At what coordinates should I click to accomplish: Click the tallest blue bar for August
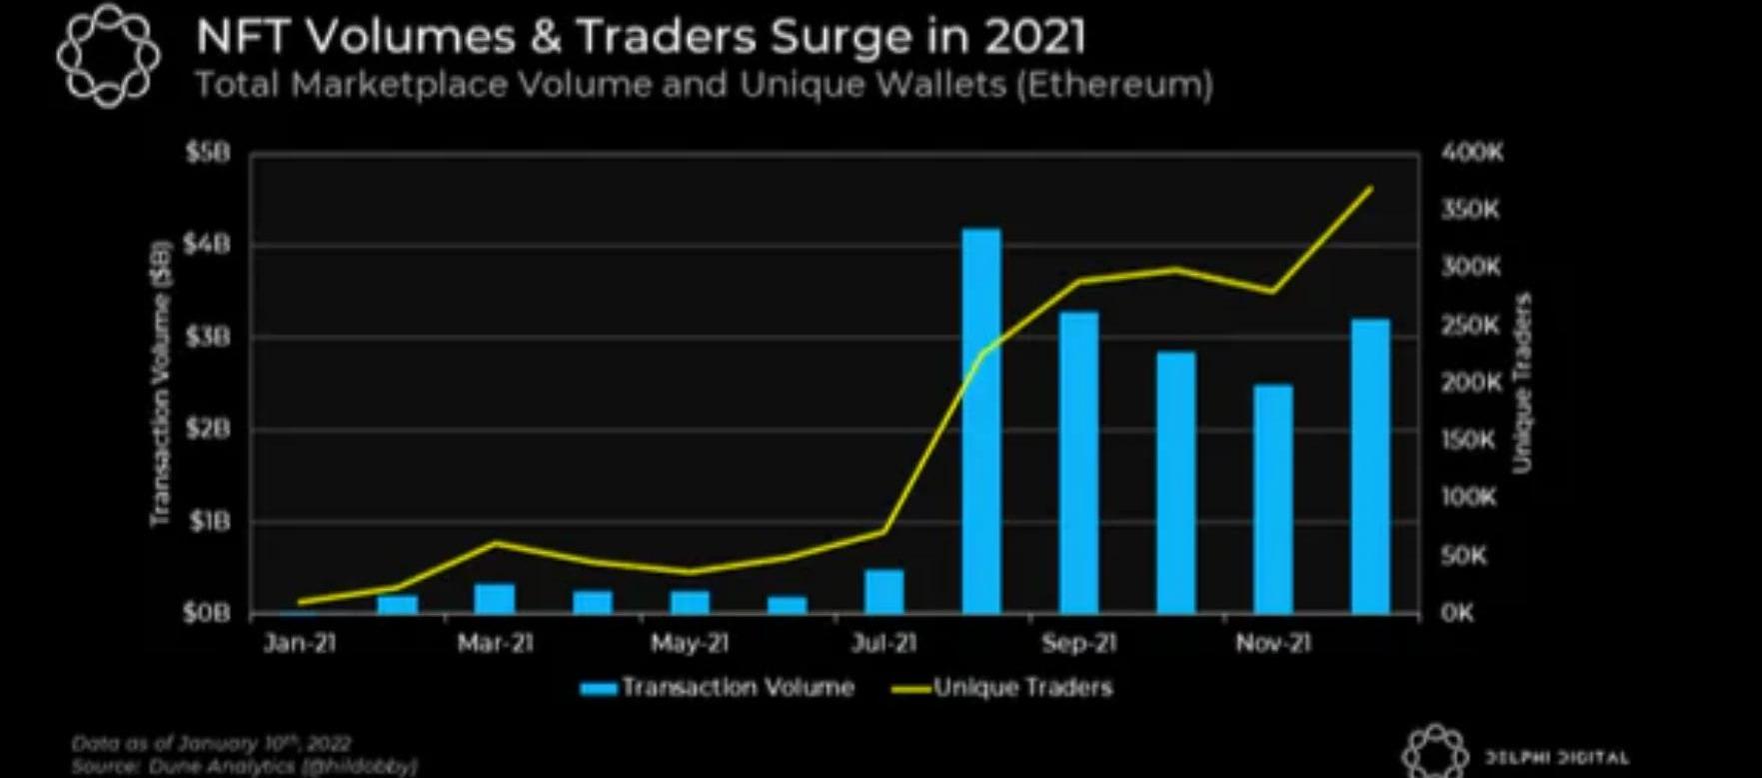pyautogui.click(x=980, y=420)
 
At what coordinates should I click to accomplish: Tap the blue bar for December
pyautogui.click(x=1370, y=465)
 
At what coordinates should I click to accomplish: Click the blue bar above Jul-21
pyautogui.click(x=883, y=591)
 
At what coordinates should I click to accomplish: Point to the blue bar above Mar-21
pyautogui.click(x=494, y=598)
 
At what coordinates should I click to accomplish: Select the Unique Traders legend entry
pyautogui.click(x=1001, y=688)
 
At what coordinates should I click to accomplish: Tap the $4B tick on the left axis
pyautogui.click(x=207, y=245)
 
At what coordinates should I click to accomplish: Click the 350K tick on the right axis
pyautogui.click(x=1470, y=210)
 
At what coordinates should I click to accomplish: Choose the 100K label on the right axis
pyautogui.click(x=1468, y=497)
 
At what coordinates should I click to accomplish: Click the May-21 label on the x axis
pyautogui.click(x=689, y=643)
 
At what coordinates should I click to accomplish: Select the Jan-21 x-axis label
pyautogui.click(x=299, y=643)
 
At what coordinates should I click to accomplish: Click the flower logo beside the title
pyautogui.click(x=108, y=55)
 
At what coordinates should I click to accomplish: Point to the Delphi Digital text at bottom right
pyautogui.click(x=1557, y=758)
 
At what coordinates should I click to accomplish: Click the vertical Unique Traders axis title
pyautogui.click(x=1522, y=382)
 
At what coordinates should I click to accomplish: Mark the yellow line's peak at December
pyautogui.click(x=1370, y=187)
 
